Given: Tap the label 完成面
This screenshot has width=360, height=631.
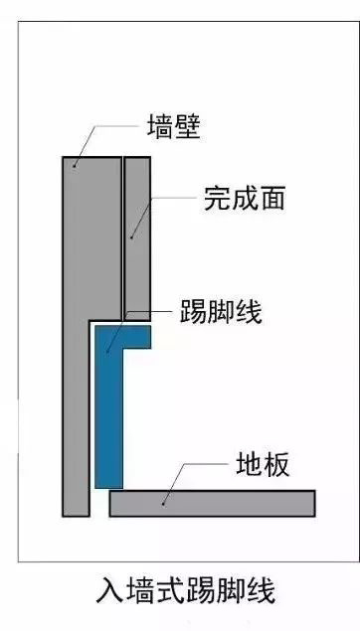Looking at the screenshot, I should click(x=244, y=198).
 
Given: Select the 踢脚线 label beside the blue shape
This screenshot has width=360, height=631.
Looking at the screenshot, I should click(x=220, y=311).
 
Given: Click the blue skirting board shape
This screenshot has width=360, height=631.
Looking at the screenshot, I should click(x=107, y=417).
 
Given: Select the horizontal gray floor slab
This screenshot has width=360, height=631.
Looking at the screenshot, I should click(x=212, y=503).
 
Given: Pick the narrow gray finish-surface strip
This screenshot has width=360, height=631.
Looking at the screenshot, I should click(x=136, y=238).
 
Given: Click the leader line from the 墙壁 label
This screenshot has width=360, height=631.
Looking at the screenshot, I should click(x=109, y=128).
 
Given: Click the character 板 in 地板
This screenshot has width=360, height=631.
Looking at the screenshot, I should click(x=277, y=463).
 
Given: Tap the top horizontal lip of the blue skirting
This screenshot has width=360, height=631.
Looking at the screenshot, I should click(x=129, y=336).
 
